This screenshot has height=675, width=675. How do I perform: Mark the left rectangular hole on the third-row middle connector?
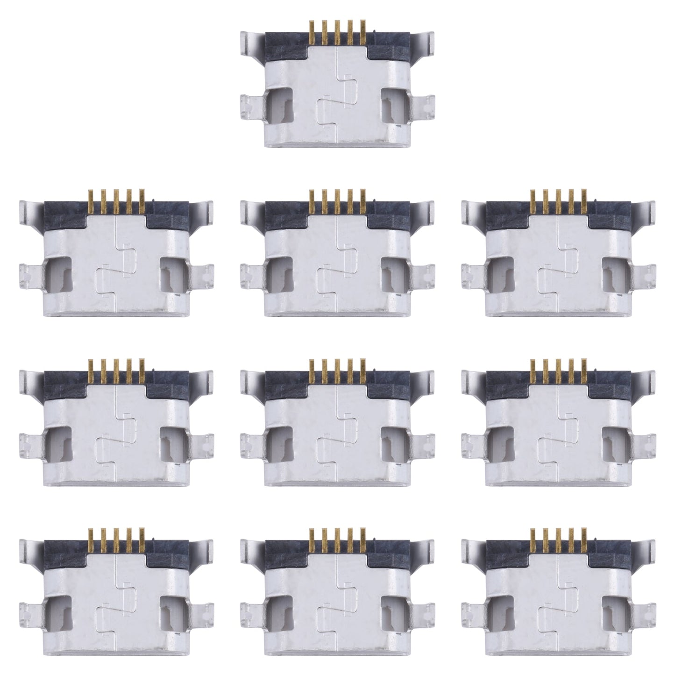(x=282, y=442)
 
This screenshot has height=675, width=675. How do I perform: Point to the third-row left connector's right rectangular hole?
(x=169, y=442)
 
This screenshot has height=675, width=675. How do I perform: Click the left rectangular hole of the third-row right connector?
(x=504, y=442)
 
